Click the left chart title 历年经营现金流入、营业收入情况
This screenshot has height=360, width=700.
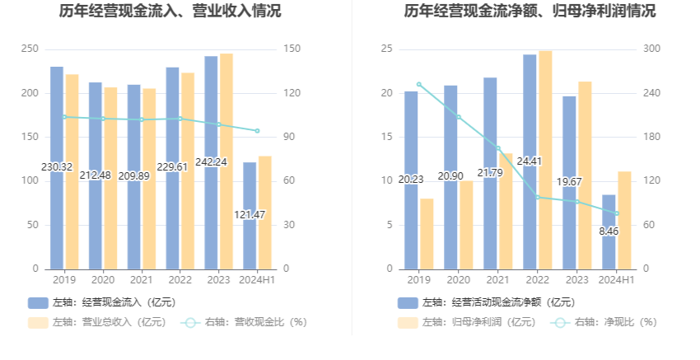[170, 12]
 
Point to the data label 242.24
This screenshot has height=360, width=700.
[212, 162]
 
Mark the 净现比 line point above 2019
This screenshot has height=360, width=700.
[418, 84]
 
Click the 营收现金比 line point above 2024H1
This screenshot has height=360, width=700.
[257, 131]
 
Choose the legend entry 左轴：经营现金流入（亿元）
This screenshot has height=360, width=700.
[102, 302]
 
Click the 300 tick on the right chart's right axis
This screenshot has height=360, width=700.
[652, 49]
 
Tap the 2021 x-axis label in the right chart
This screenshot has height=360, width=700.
[497, 280]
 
